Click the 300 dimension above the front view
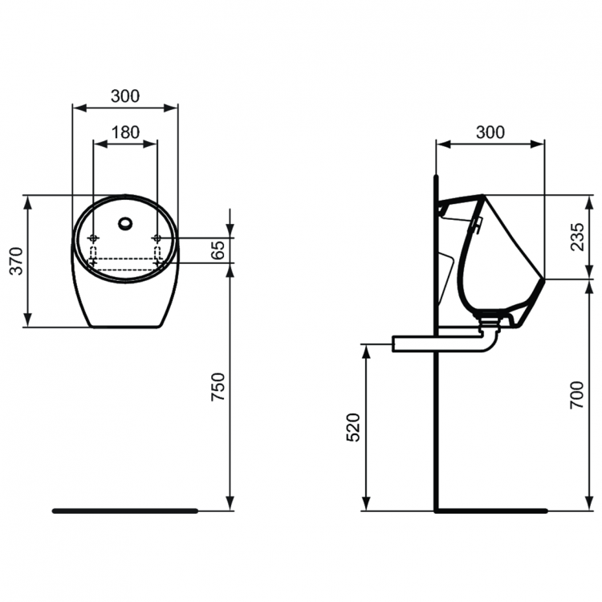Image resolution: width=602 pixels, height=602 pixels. [x=124, y=96]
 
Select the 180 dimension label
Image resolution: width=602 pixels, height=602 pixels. [x=124, y=132]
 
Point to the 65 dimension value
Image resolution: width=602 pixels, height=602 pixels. [x=217, y=251]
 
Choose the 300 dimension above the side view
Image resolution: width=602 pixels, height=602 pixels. [x=490, y=132]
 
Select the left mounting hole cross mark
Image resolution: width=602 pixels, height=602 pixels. [x=94, y=238]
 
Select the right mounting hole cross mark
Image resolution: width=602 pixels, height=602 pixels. [x=157, y=238]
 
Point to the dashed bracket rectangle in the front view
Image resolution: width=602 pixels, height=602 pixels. [x=125, y=258]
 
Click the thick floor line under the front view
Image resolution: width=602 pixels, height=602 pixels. [x=124, y=510]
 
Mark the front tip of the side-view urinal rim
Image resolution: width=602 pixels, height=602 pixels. [x=545, y=279]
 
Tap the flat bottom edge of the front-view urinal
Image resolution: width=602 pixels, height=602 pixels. [x=125, y=327]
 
